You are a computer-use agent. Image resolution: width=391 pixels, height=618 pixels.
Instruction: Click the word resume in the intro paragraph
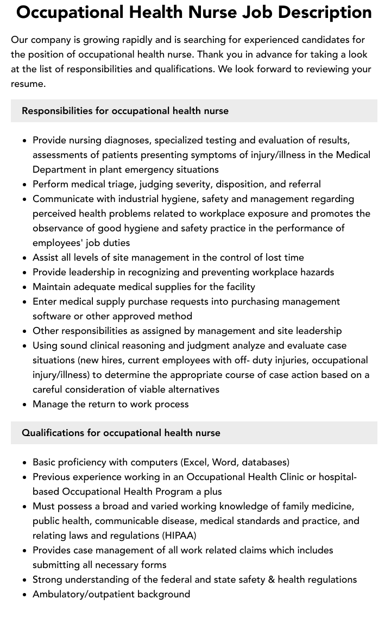click(x=28, y=84)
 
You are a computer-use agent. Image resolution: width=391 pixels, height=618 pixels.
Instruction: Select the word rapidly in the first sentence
click(x=140, y=40)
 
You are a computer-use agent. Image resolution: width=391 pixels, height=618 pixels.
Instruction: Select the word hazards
click(x=315, y=272)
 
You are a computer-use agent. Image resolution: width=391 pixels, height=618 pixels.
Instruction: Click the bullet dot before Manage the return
click(x=24, y=405)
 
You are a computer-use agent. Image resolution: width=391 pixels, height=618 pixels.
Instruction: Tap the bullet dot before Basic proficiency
click(x=24, y=463)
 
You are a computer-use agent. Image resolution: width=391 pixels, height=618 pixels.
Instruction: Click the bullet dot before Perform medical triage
click(x=24, y=185)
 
